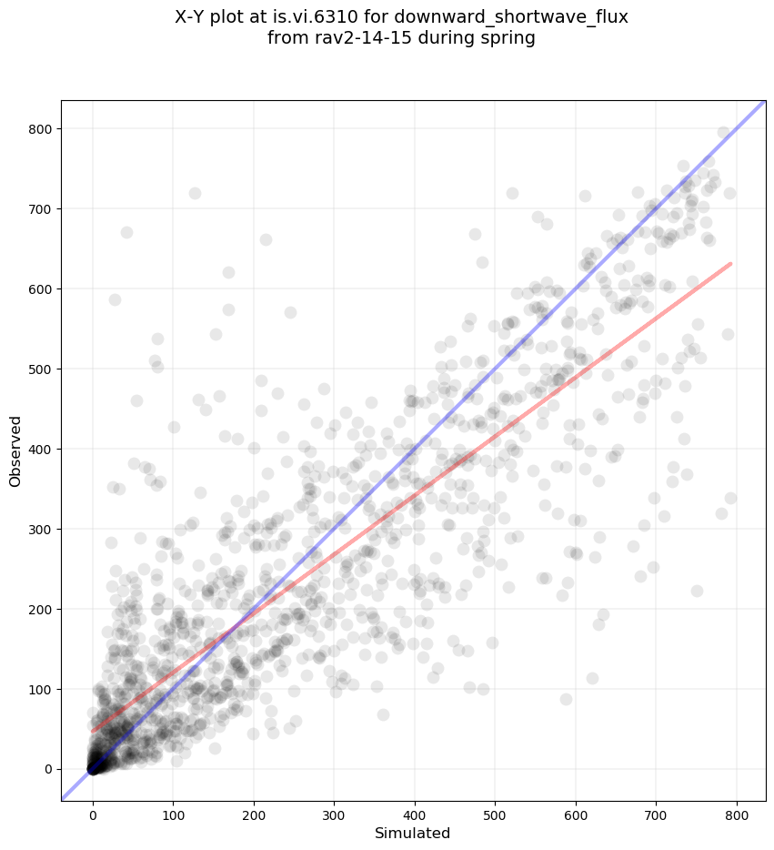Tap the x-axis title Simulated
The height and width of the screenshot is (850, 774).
[413, 833]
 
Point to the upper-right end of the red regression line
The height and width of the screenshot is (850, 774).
[730, 264]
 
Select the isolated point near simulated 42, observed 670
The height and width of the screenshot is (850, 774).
[126, 232]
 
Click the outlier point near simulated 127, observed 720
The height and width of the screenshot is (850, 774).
[195, 193]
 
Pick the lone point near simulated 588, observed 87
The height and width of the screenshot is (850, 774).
[566, 699]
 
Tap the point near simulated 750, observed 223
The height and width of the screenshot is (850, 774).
[697, 591]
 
